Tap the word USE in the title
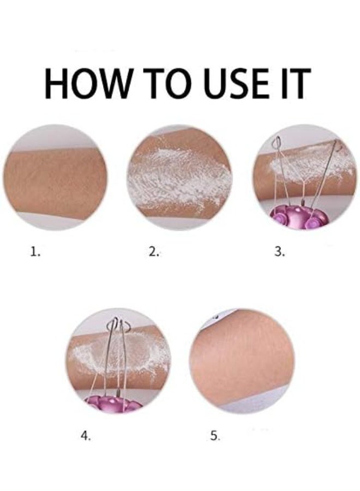[246, 84]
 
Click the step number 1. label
[35, 252]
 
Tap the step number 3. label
[279, 252]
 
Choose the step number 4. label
[85, 435]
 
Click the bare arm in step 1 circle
[55, 177]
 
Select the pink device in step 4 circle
[112, 404]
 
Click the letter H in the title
[59, 84]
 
